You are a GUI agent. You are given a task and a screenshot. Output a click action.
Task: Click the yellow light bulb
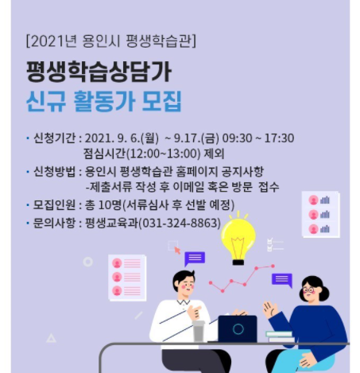[238, 240]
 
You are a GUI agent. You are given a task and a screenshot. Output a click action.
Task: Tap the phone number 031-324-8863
[180, 223]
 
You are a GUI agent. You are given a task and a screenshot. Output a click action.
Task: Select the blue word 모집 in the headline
[161, 101]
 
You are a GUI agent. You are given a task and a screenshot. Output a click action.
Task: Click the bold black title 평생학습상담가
[99, 72]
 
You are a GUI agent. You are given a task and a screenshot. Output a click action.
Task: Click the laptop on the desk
[238, 328]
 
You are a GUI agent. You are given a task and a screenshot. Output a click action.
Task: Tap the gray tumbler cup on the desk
[199, 331]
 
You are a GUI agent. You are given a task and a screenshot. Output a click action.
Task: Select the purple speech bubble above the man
[195, 258]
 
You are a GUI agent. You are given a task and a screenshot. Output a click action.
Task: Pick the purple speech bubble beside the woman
[282, 280]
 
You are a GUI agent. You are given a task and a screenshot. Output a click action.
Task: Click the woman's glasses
[308, 290]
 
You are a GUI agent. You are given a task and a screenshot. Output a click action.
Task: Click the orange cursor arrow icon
[177, 250]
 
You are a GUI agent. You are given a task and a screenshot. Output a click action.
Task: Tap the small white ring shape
[88, 262]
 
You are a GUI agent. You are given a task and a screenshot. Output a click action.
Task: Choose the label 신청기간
[54, 138]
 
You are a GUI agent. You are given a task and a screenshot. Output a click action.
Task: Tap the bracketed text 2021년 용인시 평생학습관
[111, 41]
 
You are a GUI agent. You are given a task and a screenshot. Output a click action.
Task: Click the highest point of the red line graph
[273, 266]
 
